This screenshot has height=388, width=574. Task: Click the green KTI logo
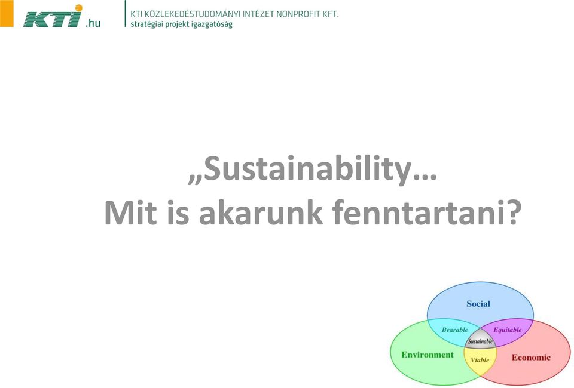(x=53, y=17)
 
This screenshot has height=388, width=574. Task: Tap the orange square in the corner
(x=7, y=13)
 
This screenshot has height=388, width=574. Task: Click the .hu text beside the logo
(x=93, y=23)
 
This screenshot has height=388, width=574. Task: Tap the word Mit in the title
(x=130, y=213)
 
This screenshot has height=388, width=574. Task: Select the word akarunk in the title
(x=261, y=213)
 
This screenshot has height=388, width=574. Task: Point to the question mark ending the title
(x=513, y=213)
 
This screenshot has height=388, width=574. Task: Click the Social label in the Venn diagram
(x=478, y=304)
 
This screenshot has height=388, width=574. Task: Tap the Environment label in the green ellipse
(x=427, y=355)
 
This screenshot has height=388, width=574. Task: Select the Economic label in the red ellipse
(x=531, y=358)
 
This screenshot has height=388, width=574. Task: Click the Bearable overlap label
(x=454, y=330)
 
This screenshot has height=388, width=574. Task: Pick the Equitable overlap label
(x=508, y=330)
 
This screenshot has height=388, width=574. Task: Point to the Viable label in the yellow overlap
(x=480, y=360)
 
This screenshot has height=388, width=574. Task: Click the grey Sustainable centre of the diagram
(x=480, y=341)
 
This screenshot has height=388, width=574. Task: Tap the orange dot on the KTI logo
(x=78, y=8)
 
